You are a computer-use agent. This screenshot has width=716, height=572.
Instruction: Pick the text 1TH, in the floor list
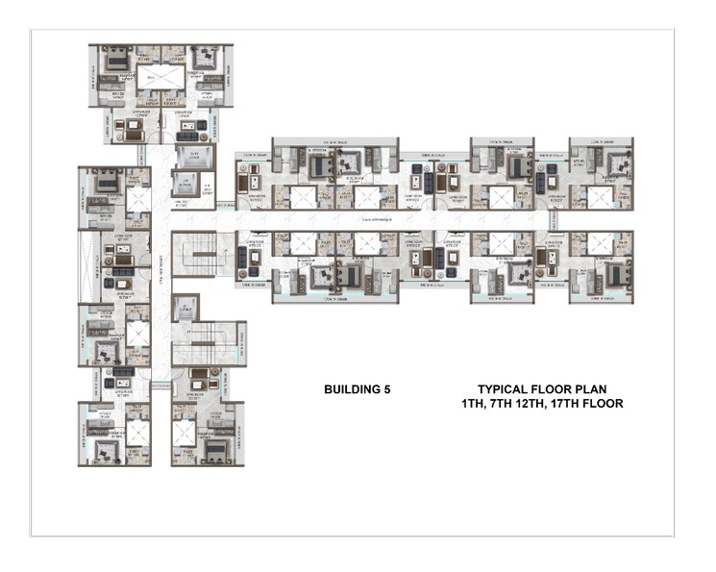pyautogui.click(x=477, y=405)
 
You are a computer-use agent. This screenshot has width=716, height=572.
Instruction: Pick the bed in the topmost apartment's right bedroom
pyautogui.click(x=203, y=62)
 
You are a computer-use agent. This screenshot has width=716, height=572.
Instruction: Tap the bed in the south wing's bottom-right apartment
pyautogui.click(x=214, y=447)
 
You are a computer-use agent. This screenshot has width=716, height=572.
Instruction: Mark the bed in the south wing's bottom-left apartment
pyautogui.click(x=108, y=447)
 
